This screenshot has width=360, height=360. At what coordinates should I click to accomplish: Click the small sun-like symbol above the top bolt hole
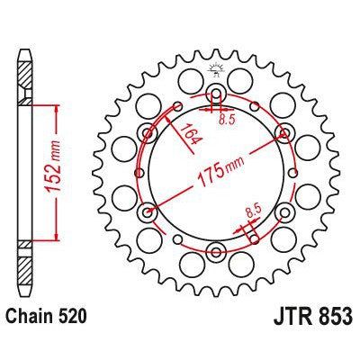[x=216, y=68]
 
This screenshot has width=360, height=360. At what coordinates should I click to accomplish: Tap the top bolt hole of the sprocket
[x=216, y=96]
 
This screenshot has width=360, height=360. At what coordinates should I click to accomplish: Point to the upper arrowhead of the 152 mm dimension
[x=57, y=106]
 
